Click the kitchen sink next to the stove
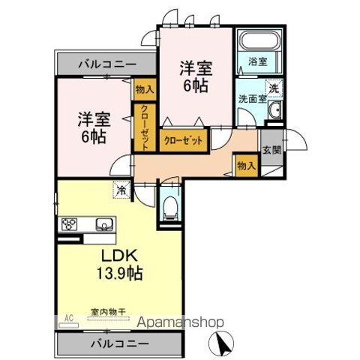coord(103,223)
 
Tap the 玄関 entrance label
coord(271,148)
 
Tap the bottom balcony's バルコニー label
coord(118,343)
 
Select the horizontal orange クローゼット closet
coord(182,140)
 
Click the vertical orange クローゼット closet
coord(144,127)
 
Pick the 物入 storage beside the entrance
coord(245,164)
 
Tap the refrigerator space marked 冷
coord(121,190)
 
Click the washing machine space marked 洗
coord(274,88)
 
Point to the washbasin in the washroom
coord(274,112)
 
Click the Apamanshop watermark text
coord(184,323)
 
